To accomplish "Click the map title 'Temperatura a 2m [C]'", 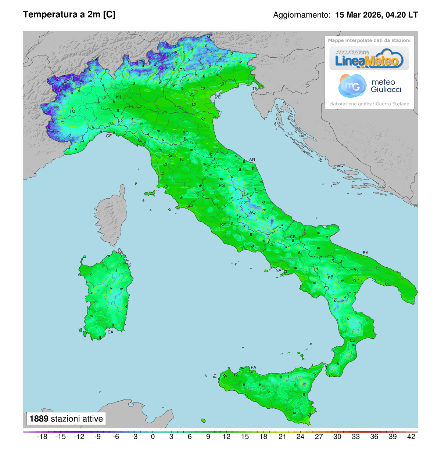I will tap(69, 15).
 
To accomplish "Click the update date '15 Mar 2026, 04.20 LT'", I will tap(376, 15).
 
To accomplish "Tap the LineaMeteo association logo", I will tap(369, 59).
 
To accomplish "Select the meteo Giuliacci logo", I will tap(369, 86).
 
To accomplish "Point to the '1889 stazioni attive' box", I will tap(66, 419).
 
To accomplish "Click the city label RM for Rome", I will tap(223, 224).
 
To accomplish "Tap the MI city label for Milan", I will tap(119, 97).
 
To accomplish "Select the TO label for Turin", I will tap(72, 111).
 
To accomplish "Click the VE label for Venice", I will tap(218, 97).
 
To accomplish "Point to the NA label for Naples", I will tap(278, 271).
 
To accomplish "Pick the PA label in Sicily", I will tap(253, 367).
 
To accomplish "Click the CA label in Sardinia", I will tap(110, 332).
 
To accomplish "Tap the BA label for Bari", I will tap(365, 253).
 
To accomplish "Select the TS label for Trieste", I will tap(255, 89).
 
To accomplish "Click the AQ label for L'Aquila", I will tap(252, 213).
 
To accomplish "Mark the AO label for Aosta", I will tap(67, 82).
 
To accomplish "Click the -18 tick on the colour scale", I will tap(42, 437).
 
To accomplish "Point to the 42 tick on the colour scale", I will tap(411, 437).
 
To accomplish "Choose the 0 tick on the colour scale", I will tap(153, 437).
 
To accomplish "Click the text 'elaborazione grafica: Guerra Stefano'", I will tap(369, 104).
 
